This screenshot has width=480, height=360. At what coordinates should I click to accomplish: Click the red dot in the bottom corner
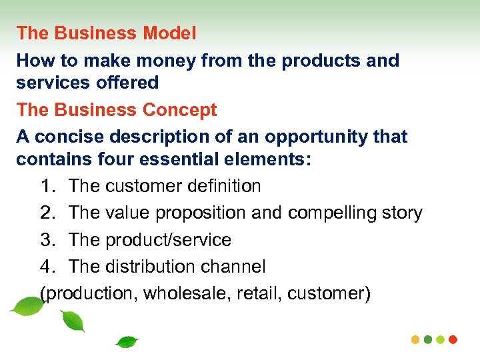coord(453,339)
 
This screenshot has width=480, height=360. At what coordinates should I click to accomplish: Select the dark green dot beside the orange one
coord(427,339)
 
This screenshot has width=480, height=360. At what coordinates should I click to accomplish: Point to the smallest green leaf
coord(126,342)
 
